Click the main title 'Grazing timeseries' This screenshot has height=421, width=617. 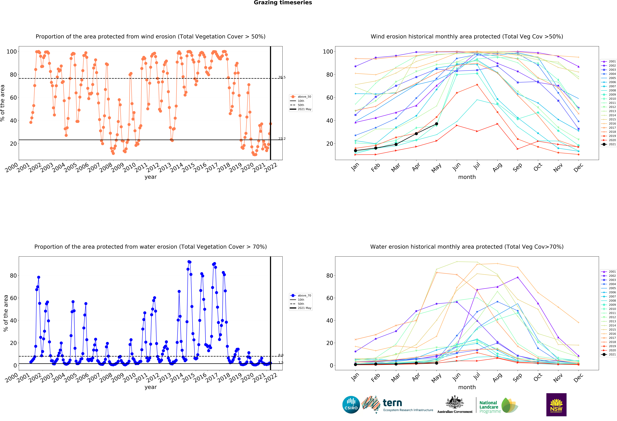(283, 3)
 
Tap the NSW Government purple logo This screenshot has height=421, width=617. (556, 405)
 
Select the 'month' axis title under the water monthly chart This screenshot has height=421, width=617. (467, 387)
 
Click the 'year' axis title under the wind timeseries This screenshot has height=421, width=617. (151, 177)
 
